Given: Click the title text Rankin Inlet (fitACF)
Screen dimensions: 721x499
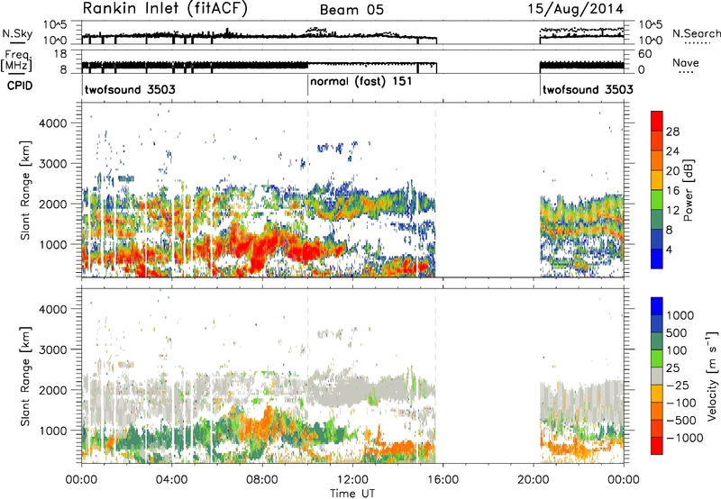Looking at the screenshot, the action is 165,8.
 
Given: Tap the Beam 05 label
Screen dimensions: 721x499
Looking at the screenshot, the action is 351,10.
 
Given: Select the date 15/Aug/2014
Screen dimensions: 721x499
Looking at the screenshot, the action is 575,9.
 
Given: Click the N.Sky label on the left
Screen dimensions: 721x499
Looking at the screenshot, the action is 17,33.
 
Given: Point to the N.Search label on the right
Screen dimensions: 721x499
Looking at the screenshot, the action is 696,33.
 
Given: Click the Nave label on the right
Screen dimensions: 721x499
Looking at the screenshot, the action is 686,62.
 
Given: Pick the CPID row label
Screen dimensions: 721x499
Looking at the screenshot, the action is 20,86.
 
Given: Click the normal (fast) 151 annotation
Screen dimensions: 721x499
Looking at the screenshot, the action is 361,82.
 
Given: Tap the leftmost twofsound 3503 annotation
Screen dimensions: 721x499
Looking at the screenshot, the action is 130,89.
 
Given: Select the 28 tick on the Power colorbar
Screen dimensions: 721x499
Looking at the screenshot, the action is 672,132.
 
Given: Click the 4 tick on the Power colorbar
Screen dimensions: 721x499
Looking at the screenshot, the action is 669,249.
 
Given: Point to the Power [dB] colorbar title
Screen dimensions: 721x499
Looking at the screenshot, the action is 688,190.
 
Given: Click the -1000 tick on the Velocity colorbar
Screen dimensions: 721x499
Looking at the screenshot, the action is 685,438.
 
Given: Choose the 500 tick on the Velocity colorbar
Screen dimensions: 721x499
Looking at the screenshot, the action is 677,332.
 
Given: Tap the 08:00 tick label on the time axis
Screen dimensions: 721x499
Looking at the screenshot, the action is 262,480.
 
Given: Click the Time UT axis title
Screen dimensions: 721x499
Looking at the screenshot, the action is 352,493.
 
